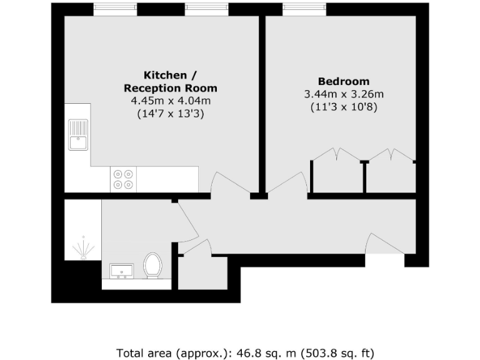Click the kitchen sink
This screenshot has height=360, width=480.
79,135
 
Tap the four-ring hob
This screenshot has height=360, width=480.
122,179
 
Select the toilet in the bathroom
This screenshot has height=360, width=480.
152,266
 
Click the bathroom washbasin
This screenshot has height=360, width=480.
121,271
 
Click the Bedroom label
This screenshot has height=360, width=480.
343,81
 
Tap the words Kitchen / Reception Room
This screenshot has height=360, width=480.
170,81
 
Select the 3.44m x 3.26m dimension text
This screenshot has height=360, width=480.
343,94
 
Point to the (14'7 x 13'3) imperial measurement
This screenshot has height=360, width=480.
170,114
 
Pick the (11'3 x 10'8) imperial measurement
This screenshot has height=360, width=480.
343,107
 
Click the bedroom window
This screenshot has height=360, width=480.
304,9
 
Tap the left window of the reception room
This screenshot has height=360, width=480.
115,9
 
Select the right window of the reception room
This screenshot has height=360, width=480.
206,9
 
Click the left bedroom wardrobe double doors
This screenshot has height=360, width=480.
337,156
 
